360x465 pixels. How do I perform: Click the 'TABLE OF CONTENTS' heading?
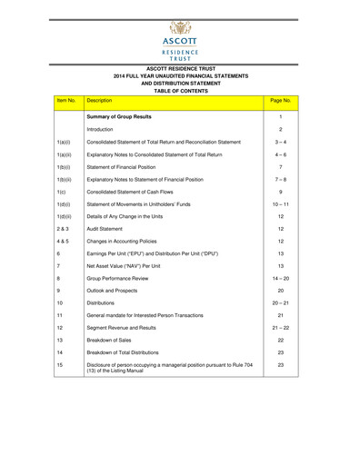180,92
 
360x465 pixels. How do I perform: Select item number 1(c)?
60,193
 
